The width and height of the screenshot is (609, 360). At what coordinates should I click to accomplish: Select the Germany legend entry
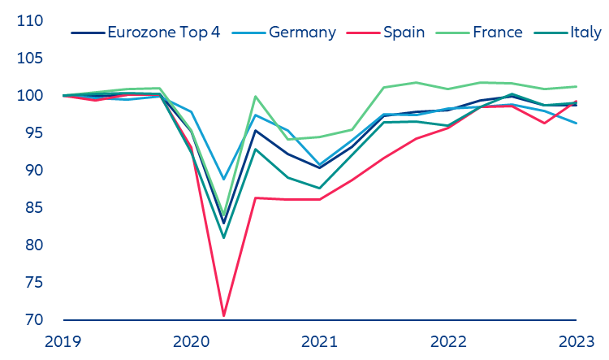pyautogui.click(x=302, y=33)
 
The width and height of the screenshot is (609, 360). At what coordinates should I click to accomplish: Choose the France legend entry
pyautogui.click(x=497, y=33)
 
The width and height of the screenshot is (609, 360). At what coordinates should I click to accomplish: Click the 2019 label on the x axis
pyautogui.click(x=63, y=341)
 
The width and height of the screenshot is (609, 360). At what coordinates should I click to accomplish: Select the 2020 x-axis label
pyautogui.click(x=192, y=341)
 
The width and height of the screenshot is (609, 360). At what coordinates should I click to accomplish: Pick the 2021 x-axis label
pyautogui.click(x=319, y=341)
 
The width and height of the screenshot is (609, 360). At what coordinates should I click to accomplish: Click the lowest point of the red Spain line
pyautogui.click(x=223, y=315)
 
